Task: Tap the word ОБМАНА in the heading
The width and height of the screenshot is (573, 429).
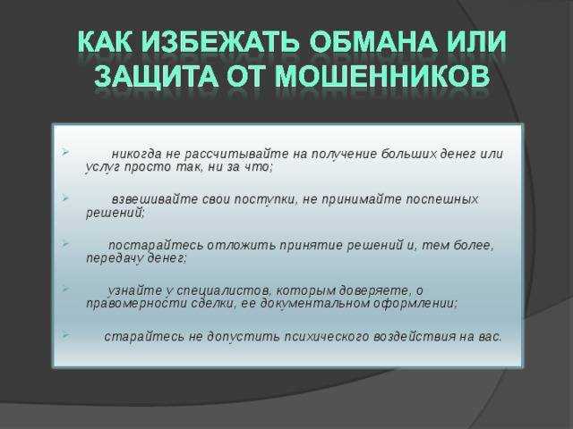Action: [x=372, y=41]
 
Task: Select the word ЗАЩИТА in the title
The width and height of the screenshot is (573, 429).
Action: [x=156, y=76]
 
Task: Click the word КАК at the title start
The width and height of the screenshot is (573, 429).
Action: [x=105, y=42]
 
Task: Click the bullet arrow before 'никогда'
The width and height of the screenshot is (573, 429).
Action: [x=65, y=152]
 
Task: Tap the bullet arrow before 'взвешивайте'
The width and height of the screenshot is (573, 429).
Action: [x=65, y=198]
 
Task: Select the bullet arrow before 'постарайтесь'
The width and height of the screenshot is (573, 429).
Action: [x=65, y=243]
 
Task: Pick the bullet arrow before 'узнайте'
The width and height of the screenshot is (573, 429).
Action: [x=65, y=289]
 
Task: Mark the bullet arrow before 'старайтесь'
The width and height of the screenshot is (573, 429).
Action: [x=65, y=334]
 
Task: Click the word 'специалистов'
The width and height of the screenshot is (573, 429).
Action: [x=224, y=291]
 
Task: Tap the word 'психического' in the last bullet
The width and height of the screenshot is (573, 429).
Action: [x=326, y=336]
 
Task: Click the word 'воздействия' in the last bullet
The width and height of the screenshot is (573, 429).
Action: [x=414, y=336]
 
